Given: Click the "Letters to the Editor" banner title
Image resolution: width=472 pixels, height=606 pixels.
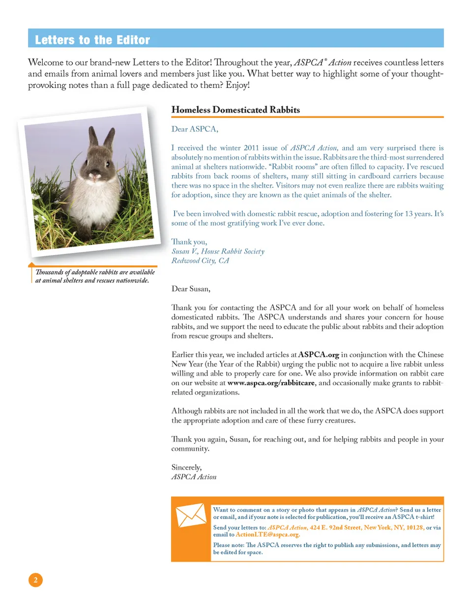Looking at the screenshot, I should pos(92,40).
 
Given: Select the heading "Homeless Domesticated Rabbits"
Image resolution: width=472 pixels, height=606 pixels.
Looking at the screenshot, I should pos(236,110).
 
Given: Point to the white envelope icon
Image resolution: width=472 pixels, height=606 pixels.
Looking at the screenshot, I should pos(191,515).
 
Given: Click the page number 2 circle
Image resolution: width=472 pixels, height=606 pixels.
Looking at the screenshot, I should pos(35,580).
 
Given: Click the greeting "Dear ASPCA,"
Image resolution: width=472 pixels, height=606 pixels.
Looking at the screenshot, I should pos(195,129).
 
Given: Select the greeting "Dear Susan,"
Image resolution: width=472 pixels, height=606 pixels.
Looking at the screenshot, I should pos(191,289).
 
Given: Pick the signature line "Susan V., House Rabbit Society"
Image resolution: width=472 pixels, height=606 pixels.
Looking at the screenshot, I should pos(218,251).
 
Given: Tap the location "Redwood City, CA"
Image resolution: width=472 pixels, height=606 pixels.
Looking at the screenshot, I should pos(200,260).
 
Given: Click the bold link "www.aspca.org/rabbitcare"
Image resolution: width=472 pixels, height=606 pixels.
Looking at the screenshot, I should pos(271,383).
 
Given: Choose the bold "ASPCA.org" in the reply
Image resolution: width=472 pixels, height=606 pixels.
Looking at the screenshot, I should pos(319,354).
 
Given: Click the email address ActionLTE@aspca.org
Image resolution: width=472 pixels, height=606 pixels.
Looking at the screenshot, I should pos(267,535).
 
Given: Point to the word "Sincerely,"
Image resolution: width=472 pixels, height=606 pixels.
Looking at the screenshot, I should pos(186,467).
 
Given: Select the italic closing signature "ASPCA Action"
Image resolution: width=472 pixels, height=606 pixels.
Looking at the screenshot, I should pos(194,477).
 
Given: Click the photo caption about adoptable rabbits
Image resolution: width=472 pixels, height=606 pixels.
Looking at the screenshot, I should pos(94,276).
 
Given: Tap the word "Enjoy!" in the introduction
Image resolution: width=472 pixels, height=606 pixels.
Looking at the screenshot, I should pos(238,85).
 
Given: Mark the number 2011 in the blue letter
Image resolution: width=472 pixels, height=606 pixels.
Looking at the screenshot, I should pos(251,147).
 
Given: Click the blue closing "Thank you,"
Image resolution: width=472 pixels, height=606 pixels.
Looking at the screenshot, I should pos(189,242).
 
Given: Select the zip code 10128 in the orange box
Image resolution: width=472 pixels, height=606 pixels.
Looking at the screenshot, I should pos(415,527).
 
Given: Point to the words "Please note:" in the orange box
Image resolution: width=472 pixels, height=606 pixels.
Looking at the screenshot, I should pos(229,545).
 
